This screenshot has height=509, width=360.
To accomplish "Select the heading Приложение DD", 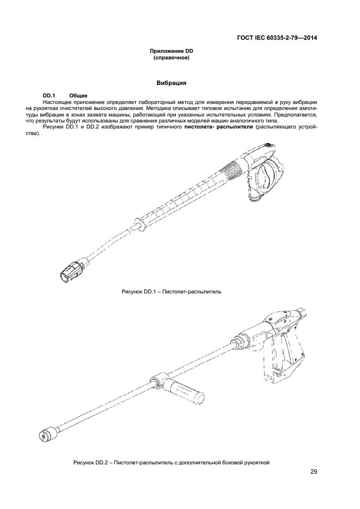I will [x=172, y=51].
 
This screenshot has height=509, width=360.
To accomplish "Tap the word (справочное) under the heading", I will [x=172, y=57].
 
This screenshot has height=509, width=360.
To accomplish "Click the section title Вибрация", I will [x=172, y=84].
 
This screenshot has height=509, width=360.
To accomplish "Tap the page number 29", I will [x=314, y=471].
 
